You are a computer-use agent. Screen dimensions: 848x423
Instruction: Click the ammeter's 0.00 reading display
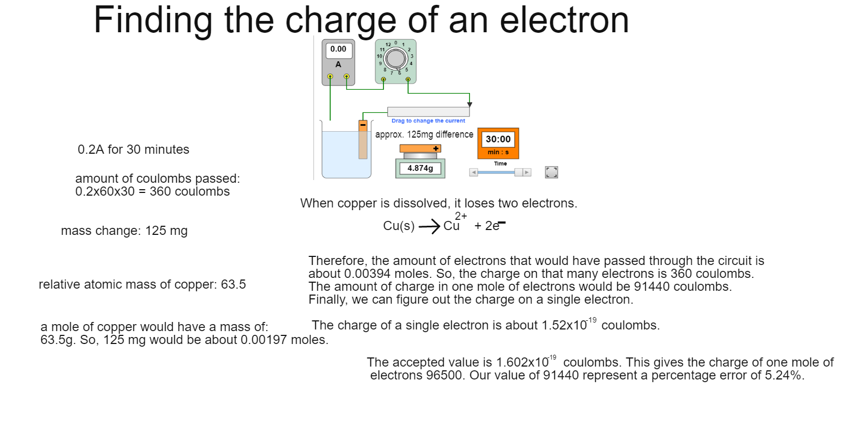point(338,49)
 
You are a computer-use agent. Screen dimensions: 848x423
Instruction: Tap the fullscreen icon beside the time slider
point(551,172)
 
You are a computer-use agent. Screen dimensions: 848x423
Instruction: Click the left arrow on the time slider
point(473,173)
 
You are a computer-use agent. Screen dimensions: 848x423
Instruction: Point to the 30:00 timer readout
point(498,139)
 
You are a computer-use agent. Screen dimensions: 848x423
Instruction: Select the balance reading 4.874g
point(420,168)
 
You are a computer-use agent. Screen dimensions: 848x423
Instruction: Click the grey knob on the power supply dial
point(396,59)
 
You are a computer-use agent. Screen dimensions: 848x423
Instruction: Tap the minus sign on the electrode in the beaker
point(363,125)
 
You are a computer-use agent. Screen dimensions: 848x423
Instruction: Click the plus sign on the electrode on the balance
point(436,149)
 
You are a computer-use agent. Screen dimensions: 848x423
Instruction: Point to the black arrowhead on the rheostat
point(469,104)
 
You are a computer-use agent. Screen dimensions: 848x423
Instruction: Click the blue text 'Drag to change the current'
point(428,121)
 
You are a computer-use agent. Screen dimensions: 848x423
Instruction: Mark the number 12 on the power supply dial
point(388,45)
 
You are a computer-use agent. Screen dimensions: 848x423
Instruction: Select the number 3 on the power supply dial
point(412,56)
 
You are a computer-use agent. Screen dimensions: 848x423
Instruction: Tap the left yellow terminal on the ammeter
point(330,76)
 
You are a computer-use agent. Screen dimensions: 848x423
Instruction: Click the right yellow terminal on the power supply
point(408,79)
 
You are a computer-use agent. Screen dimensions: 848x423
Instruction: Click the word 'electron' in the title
point(564,20)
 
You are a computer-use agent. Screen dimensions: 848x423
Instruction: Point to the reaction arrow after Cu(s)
point(429,227)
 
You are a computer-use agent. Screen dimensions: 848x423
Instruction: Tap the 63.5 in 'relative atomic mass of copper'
point(233,284)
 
